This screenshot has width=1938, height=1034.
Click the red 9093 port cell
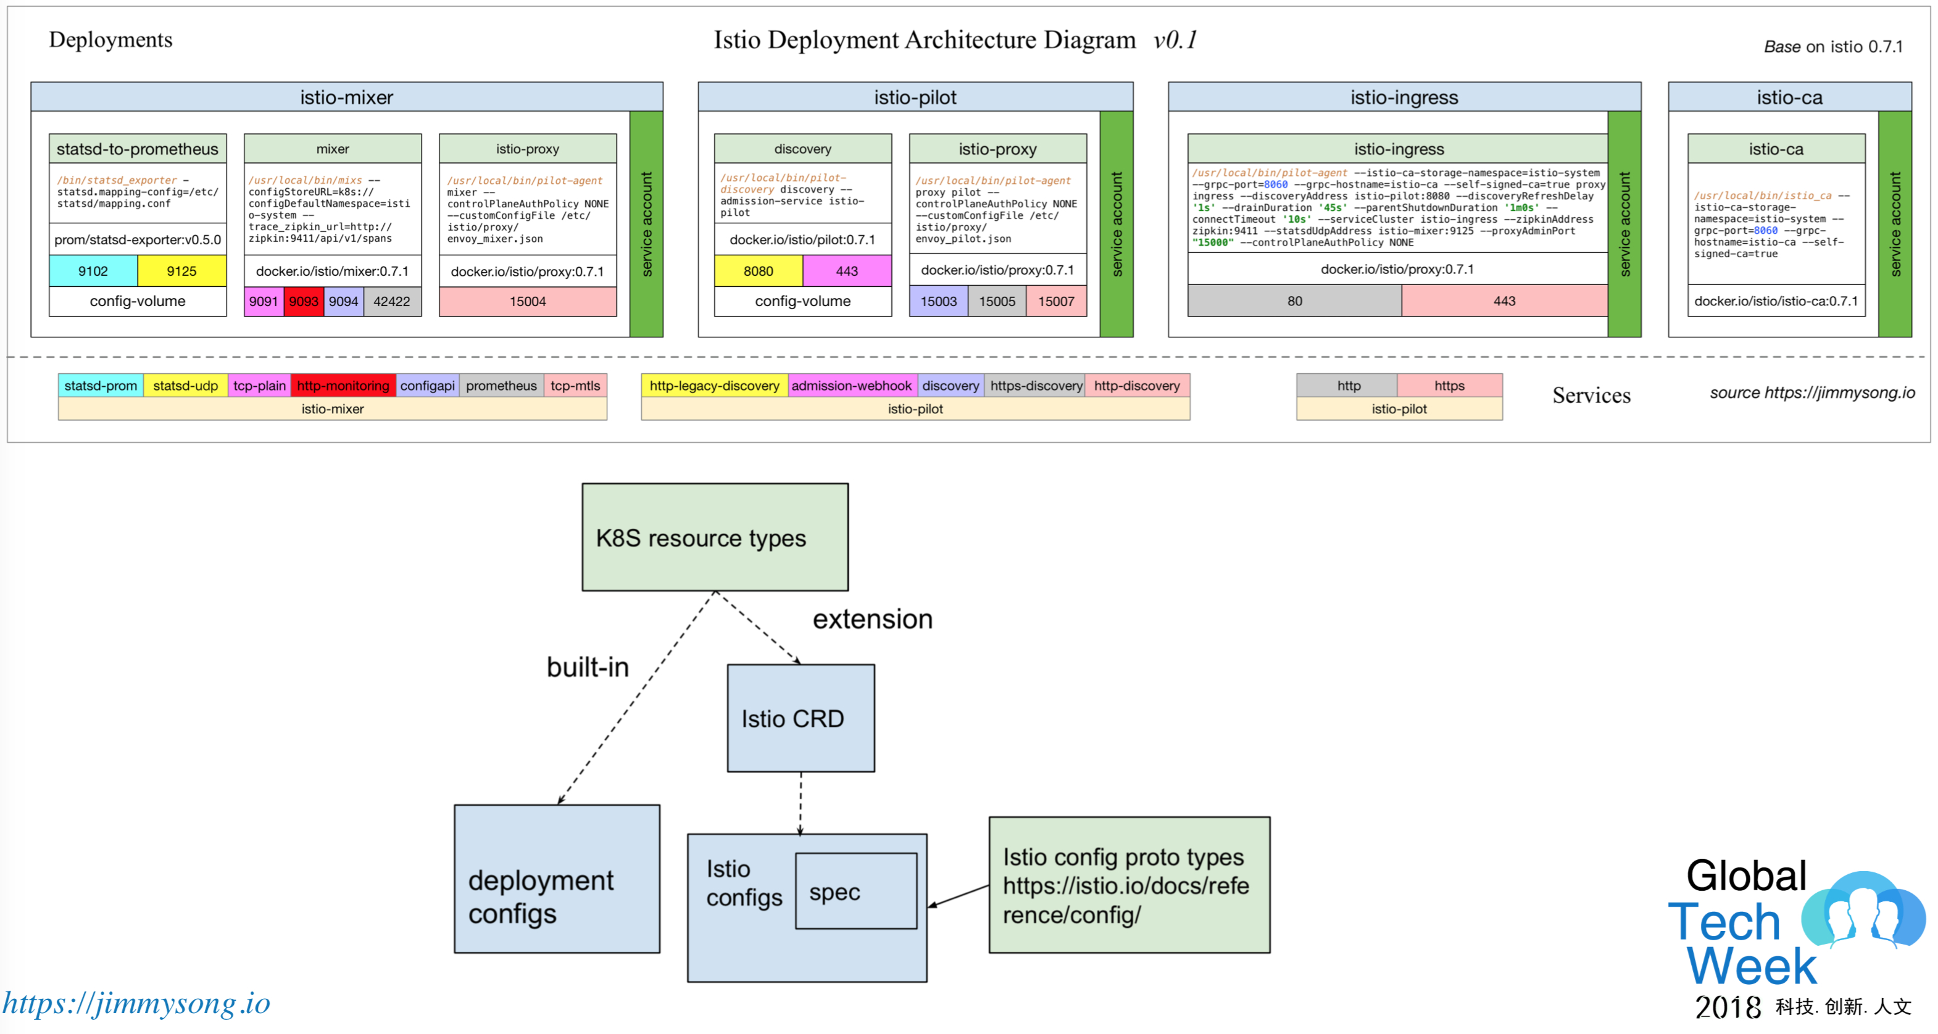[304, 302]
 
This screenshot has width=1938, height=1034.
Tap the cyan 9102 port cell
[93, 271]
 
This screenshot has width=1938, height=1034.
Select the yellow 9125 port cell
[181, 271]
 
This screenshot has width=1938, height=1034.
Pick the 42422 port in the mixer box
[392, 302]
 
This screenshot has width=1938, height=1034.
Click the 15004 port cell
[527, 302]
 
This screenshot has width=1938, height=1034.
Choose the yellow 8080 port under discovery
[759, 271]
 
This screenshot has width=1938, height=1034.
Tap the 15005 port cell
[997, 302]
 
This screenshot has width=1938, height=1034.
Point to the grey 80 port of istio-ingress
[1294, 301]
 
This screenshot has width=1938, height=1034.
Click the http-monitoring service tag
[343, 386]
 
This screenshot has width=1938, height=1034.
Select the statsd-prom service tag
[101, 386]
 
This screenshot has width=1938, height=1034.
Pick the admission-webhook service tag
[851, 386]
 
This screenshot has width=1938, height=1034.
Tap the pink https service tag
[1449, 386]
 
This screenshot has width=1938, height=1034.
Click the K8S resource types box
[715, 537]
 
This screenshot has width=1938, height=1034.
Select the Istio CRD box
[801, 718]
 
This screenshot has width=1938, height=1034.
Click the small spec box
[856, 891]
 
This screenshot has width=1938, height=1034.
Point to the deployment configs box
[557, 879]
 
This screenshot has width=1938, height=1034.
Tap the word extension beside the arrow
[872, 619]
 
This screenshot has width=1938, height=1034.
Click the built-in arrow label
[588, 667]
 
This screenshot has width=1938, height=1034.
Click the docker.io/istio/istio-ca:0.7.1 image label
[1776, 301]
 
